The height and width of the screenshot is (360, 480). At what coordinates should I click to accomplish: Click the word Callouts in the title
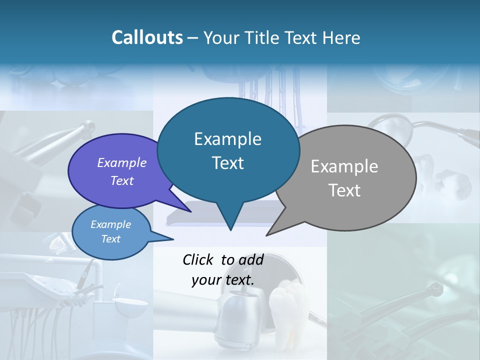point(147,37)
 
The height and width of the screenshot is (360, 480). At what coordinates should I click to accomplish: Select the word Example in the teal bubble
point(227,139)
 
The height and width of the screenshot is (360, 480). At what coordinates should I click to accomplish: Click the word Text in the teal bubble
point(227,163)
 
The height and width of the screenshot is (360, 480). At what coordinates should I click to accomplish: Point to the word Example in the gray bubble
point(344,166)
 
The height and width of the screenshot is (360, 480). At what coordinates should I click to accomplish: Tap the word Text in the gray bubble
point(344,190)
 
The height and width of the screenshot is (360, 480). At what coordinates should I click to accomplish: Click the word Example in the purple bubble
point(121,162)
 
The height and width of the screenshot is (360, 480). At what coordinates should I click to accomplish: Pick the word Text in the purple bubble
point(121,180)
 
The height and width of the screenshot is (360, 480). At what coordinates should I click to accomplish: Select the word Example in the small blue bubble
point(110,224)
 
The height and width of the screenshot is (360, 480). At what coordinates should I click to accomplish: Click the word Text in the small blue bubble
point(110,239)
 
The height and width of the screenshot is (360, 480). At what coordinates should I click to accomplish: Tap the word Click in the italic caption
point(198,259)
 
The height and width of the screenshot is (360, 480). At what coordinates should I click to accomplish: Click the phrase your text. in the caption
point(222,280)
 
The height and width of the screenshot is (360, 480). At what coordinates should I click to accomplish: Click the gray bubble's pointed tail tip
point(266,235)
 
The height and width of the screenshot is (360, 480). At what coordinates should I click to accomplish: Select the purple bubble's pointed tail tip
point(191,211)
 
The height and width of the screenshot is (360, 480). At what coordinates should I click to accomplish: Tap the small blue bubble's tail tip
point(173,239)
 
